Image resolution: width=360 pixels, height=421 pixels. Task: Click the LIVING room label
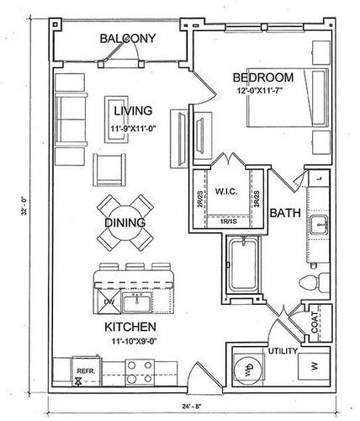133,111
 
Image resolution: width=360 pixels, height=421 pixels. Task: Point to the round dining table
124,222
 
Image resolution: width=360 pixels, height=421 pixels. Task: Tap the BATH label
285,213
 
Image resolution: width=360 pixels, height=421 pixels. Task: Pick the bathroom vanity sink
319,223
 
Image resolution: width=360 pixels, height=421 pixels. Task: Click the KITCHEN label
128,326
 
